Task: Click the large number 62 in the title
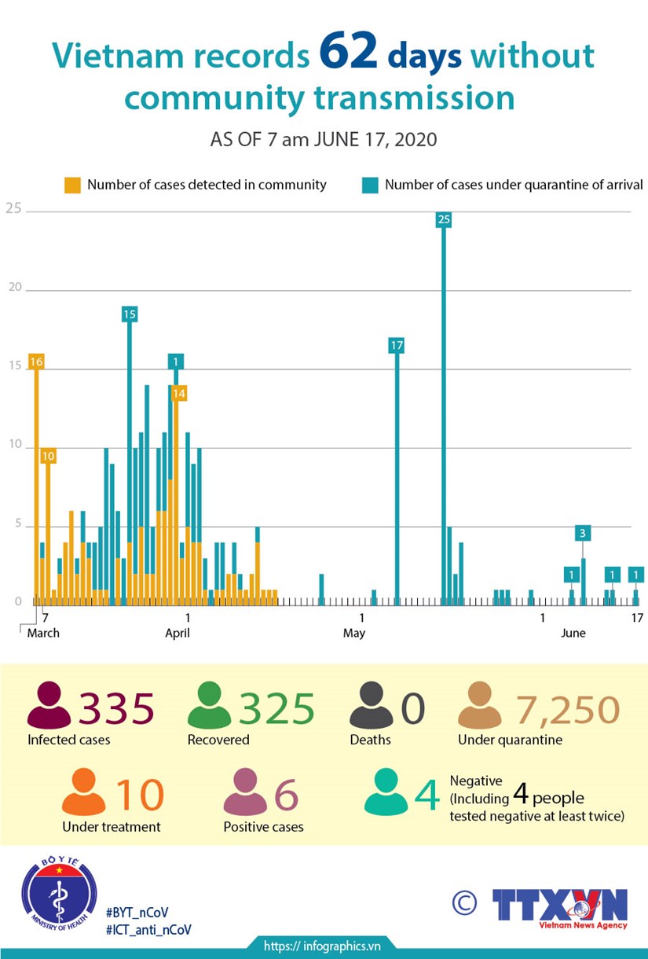[x=349, y=55]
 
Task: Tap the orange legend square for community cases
[x=72, y=186]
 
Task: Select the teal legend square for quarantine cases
[x=370, y=186]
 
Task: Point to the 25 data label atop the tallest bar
[x=444, y=219]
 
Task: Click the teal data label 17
[x=397, y=345]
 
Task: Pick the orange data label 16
[x=35, y=362]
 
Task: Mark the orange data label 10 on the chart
[x=48, y=456]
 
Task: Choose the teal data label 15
[x=130, y=314]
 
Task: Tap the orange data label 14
[x=179, y=392]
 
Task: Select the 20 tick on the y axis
[x=13, y=288]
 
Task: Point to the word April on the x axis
[x=178, y=634]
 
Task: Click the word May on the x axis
[x=354, y=634]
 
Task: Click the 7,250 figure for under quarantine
[x=567, y=710]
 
